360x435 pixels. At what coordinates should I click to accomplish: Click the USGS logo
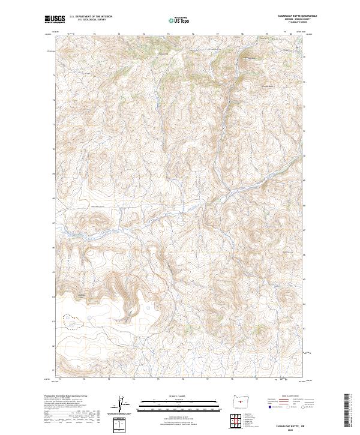pos(54,19)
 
